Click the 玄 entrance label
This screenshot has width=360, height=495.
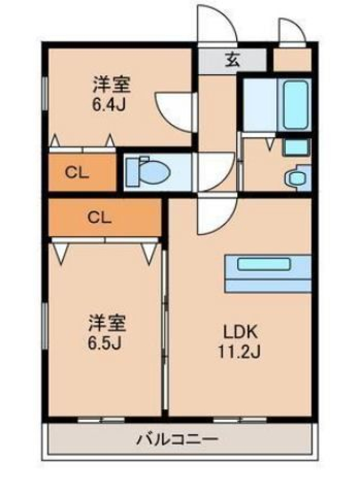click(x=232, y=59)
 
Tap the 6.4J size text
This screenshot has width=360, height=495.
click(x=109, y=105)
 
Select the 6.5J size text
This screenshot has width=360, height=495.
click(x=105, y=344)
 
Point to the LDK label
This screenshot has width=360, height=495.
click(x=239, y=332)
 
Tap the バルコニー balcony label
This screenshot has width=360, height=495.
click(x=177, y=439)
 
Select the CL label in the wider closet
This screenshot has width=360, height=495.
click(x=99, y=217)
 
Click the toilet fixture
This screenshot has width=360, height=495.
click(x=148, y=172)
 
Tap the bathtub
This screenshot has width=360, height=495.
click(x=296, y=105)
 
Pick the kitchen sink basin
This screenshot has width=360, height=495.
click(x=264, y=264)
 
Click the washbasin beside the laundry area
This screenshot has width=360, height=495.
click(x=296, y=179)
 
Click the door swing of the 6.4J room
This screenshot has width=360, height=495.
click(x=176, y=112)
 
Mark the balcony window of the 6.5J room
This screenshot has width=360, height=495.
click(x=101, y=420)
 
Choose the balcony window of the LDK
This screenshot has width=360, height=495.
click(x=240, y=420)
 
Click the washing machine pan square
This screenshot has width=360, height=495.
click(x=296, y=147)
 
